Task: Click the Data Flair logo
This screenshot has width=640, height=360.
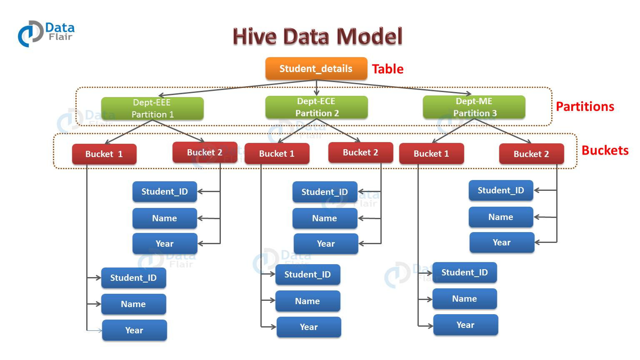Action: click(46, 33)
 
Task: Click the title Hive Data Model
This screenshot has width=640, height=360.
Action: click(317, 36)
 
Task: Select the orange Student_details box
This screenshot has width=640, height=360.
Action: click(316, 69)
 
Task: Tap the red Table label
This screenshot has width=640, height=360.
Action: click(387, 69)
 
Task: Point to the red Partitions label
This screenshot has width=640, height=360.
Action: click(585, 107)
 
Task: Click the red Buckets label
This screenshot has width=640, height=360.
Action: click(605, 150)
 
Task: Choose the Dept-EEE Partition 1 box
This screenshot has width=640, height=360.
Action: click(152, 108)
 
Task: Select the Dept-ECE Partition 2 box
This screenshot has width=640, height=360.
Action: click(316, 107)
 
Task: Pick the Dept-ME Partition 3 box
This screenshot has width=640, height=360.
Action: click(474, 107)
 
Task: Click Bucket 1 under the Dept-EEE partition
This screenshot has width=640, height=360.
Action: click(104, 154)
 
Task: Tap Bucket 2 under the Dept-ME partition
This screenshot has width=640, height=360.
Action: click(531, 154)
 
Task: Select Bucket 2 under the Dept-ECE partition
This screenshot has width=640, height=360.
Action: click(360, 152)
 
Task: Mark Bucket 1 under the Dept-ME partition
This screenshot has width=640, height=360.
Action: click(431, 154)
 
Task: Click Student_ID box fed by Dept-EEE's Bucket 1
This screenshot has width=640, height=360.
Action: click(133, 278)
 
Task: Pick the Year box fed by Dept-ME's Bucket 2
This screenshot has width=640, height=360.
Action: click(502, 242)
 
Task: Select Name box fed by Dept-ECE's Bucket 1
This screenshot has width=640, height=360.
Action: click(307, 301)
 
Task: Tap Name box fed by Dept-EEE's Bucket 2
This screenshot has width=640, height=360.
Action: click(165, 218)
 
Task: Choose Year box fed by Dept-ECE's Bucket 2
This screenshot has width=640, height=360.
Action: click(326, 244)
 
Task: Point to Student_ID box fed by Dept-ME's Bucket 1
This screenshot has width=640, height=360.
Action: click(465, 272)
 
